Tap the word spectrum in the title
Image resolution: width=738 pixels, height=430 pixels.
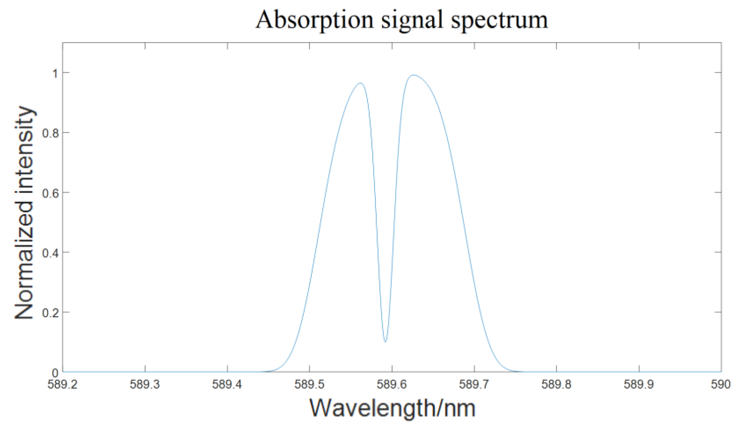click(x=499, y=20)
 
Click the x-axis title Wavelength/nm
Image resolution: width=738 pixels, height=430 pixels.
click(x=392, y=408)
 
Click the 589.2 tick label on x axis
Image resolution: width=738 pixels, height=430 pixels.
click(x=62, y=384)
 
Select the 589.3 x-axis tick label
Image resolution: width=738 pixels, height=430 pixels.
click(x=145, y=384)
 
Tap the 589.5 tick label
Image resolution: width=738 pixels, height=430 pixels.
click(x=309, y=384)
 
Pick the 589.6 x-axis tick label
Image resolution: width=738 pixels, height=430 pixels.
click(x=392, y=384)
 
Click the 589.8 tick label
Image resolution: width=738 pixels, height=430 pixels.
click(x=556, y=384)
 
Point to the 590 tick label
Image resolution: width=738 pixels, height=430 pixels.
click(x=720, y=384)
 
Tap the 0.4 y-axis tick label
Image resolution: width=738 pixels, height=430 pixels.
click(x=51, y=253)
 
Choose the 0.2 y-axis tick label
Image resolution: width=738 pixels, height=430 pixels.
click(x=51, y=313)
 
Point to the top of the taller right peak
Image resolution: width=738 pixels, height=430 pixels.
click(x=413, y=75)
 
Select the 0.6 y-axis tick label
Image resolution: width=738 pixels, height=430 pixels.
click(x=51, y=193)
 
